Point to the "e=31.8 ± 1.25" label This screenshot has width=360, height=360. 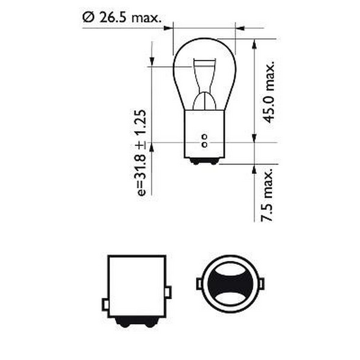(142, 153)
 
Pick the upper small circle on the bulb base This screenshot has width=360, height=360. (204, 137)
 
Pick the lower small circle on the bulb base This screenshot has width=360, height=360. (204, 145)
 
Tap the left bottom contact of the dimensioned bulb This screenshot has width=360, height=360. (195, 162)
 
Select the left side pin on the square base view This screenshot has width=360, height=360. (105, 305)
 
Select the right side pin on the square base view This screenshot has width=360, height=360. (168, 292)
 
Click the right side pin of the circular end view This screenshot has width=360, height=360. (261, 283)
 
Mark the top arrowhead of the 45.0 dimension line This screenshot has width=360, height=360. (254, 44)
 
